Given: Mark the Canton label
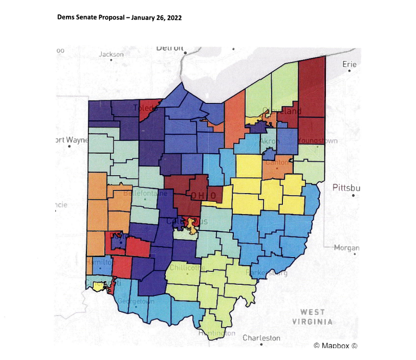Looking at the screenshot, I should click(277, 162).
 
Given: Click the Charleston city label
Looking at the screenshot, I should click(261, 338).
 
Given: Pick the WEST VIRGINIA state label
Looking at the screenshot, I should click(313, 316).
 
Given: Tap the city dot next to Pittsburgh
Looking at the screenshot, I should click(353, 195).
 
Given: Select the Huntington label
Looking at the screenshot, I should click(217, 333).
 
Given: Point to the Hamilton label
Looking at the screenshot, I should click(97, 261).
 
